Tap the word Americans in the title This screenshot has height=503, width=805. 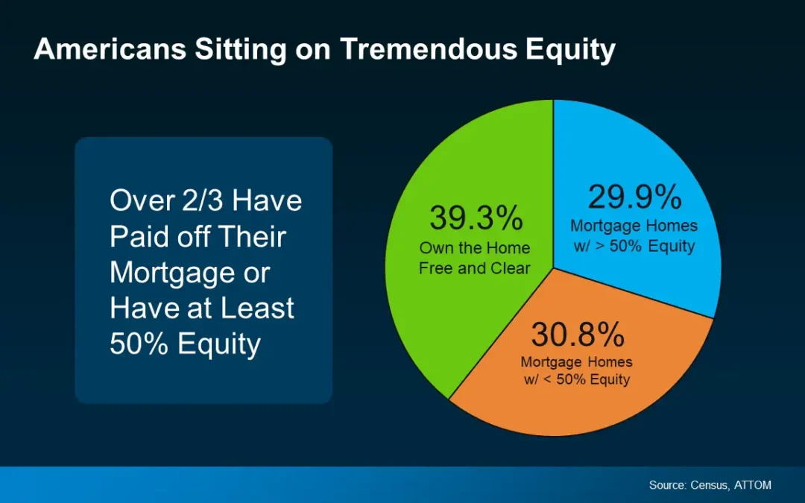click(x=110, y=49)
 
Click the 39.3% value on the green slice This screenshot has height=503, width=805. click(x=476, y=218)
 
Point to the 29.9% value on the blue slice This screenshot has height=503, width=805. click(x=634, y=197)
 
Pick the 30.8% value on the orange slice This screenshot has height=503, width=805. click(x=578, y=335)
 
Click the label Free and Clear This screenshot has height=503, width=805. click(x=474, y=268)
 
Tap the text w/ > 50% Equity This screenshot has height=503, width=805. click(x=634, y=247)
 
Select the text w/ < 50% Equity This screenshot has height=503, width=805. click(x=576, y=380)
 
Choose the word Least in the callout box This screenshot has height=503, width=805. click(x=257, y=308)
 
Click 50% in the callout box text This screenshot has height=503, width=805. click(x=139, y=344)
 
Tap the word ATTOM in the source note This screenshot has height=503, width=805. click(x=752, y=485)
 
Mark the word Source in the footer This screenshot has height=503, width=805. click(x=667, y=485)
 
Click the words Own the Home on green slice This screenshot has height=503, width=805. click(x=474, y=248)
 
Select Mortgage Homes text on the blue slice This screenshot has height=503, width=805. click(x=634, y=226)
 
